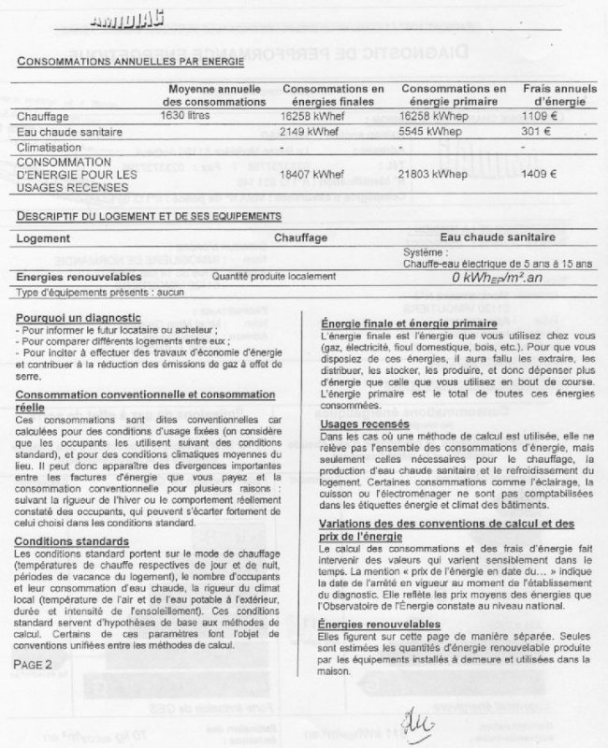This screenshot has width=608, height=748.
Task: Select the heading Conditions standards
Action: point(72,541)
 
